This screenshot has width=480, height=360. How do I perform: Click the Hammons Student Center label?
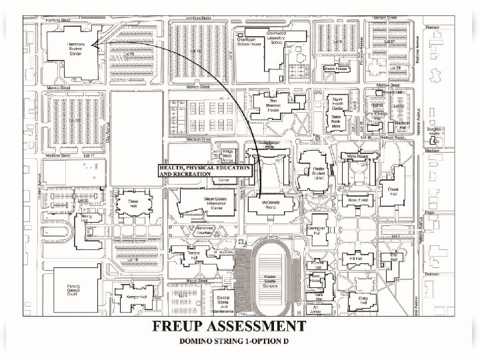pos(75,48)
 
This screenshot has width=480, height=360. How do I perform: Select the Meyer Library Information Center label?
pos(208,202)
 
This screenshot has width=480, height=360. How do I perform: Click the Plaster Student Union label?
pos(313,174)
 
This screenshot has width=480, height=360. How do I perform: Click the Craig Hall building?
pos(363,301)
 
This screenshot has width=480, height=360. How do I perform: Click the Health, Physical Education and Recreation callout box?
pos(204,171)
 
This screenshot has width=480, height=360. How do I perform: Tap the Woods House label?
pos(336,69)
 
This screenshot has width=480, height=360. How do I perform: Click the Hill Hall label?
pos(355,258)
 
